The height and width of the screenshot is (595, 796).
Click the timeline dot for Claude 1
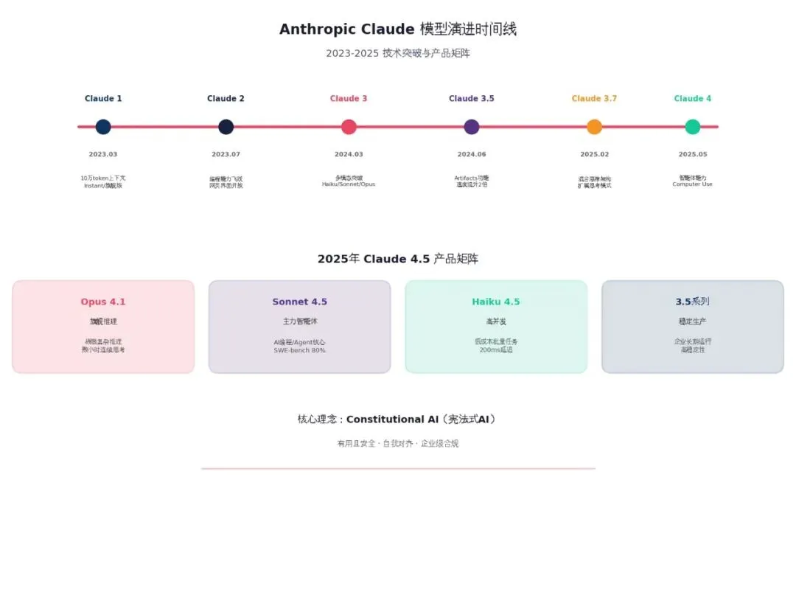click(x=103, y=127)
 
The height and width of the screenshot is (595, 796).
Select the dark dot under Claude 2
click(x=226, y=127)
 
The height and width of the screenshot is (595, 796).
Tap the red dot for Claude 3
click(x=349, y=127)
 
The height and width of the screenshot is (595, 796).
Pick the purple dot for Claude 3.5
click(x=472, y=127)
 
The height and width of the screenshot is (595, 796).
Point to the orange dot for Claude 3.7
click(x=594, y=127)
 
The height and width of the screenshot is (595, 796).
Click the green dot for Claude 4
click(x=693, y=127)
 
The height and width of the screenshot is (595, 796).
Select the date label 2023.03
click(x=103, y=155)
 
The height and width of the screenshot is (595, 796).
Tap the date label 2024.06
click(x=472, y=155)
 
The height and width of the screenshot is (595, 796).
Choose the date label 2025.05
click(x=693, y=155)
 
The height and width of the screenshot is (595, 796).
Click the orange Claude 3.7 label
click(x=594, y=99)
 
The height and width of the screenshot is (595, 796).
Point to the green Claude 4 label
click(x=693, y=99)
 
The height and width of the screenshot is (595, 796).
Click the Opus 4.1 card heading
click(x=103, y=302)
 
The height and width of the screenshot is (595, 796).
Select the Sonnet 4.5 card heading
click(x=299, y=302)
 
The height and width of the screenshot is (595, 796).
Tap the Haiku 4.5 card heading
click(x=496, y=302)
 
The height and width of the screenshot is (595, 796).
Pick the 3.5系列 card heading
click(x=692, y=302)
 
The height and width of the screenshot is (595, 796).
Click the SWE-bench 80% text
click(x=299, y=350)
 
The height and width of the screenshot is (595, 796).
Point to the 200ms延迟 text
click(x=496, y=350)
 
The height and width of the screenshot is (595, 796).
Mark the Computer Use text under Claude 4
click(x=693, y=184)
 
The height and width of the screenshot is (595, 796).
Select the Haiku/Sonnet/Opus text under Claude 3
click(x=349, y=184)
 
